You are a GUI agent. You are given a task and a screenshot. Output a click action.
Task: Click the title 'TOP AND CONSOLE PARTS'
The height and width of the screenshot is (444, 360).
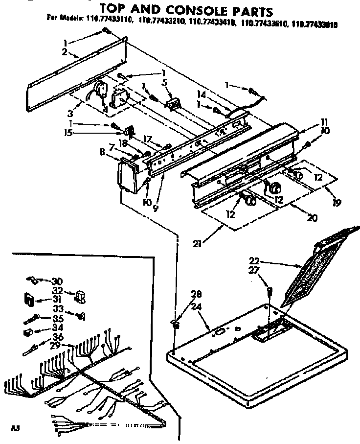click(186, 9)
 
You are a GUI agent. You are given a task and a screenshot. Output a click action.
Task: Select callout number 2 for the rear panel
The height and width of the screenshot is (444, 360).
click(65, 51)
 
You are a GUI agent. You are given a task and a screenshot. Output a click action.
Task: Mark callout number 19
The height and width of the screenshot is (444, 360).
click(336, 202)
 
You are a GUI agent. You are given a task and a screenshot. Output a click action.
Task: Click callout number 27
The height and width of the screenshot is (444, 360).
click(267, 270)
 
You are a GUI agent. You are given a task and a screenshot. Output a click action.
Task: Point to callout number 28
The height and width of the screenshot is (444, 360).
click(196, 294)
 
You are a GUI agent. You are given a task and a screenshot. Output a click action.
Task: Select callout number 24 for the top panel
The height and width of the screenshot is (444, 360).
click(196, 307)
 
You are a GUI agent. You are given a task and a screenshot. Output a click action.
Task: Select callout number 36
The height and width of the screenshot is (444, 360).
click(58, 337)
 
